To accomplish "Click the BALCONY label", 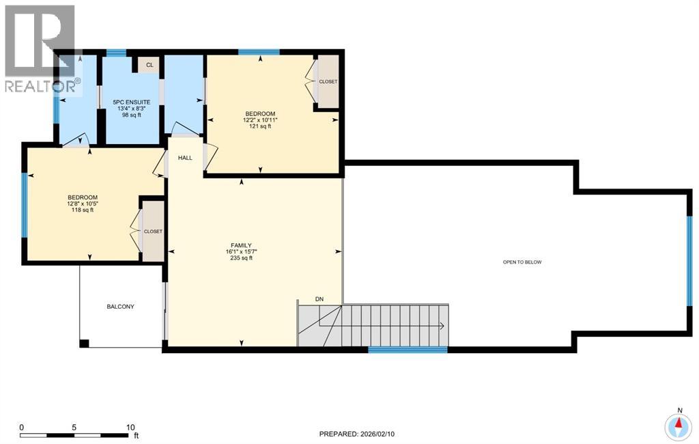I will pos(120,307).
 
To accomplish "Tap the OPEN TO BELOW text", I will pos(522,262).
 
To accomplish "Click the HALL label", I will pos(185,158).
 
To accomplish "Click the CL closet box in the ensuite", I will pos(149,65).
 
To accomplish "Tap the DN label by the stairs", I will pos(319,299).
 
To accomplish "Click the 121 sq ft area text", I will pos(260,126).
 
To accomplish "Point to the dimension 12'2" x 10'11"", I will pos(260,120).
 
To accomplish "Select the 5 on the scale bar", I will pos(74,428).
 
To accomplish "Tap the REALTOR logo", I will pos(40,48).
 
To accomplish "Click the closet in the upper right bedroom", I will pos(328,82).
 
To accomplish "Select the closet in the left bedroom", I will pos(152,232).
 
